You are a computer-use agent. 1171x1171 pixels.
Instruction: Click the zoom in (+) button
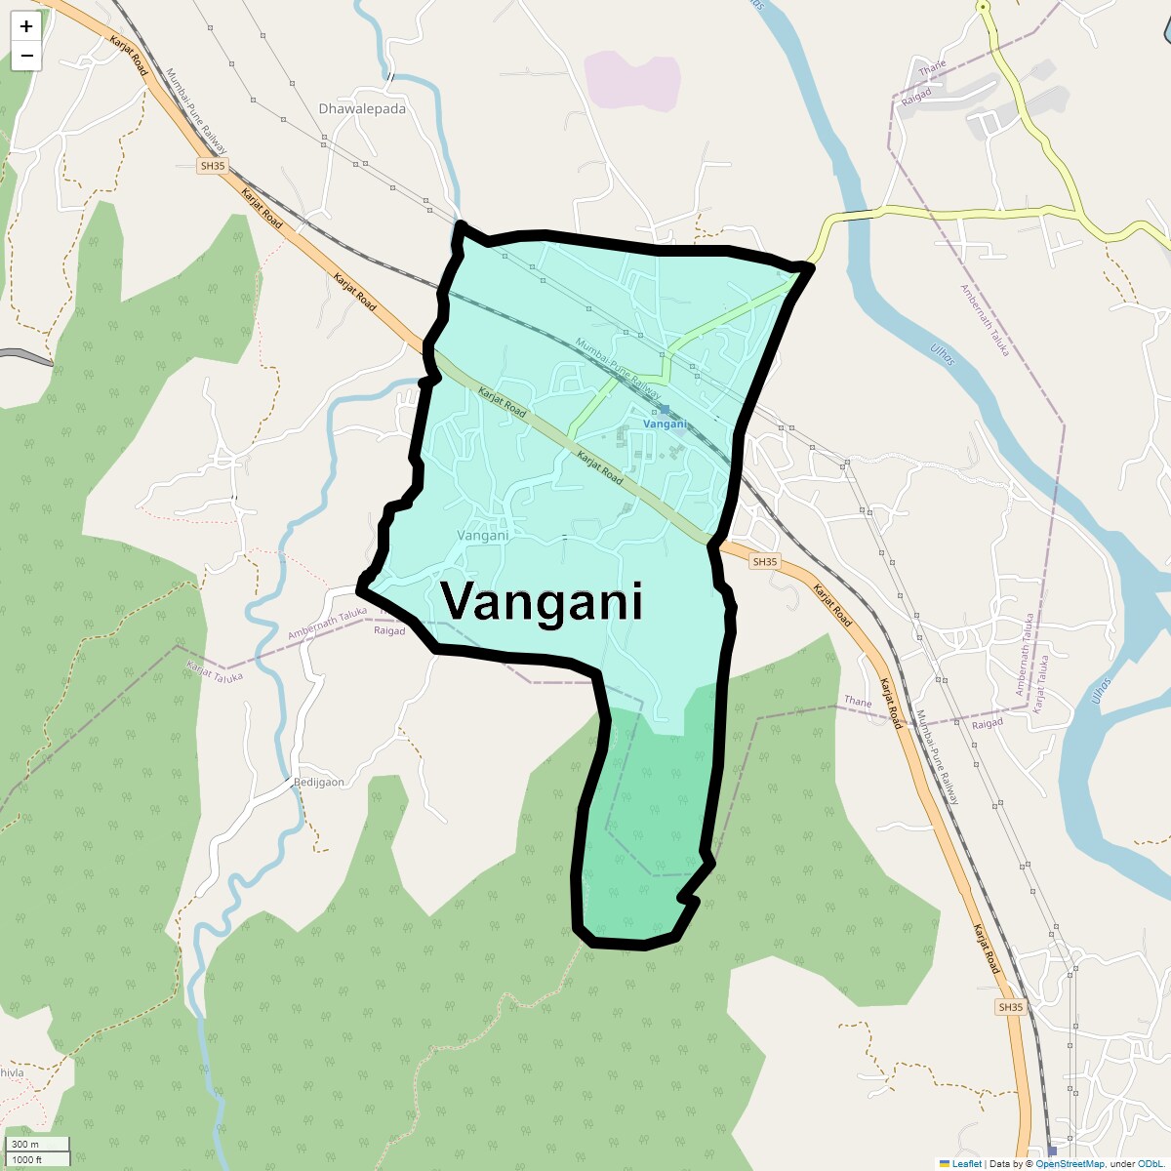tap(26, 26)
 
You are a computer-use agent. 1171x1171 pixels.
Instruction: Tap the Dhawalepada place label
tap(362, 109)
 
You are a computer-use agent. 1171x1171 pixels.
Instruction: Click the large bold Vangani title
tap(543, 601)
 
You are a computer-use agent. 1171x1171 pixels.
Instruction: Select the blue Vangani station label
tap(666, 424)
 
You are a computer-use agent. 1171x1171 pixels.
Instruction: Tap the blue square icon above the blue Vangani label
tap(665, 410)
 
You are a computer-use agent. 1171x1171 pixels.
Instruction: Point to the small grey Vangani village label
tap(483, 536)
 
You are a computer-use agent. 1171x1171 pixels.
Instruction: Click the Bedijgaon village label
tap(319, 782)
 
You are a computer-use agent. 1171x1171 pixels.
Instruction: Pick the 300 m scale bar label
tap(26, 1145)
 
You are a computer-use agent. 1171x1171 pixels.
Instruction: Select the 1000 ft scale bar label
tap(26, 1159)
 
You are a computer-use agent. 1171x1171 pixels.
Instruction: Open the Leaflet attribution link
tap(966, 1163)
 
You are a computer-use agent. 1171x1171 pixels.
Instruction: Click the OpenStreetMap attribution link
tap(1070, 1163)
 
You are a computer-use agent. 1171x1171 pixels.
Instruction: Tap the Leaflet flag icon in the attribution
tap(945, 1163)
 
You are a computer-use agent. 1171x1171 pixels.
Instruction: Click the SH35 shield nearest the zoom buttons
tap(212, 166)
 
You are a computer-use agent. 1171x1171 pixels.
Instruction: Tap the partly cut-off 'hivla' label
tap(12, 1072)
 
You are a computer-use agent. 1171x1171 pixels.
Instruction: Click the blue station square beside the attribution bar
tap(1052, 1151)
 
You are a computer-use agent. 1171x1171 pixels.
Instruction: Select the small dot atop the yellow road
tap(984, 7)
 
